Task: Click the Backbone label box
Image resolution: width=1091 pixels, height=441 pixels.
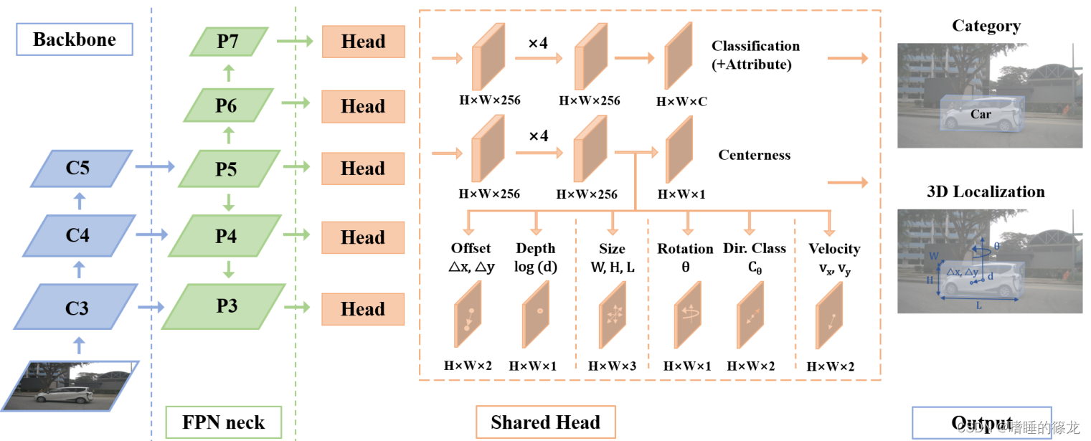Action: pyautogui.click(x=74, y=39)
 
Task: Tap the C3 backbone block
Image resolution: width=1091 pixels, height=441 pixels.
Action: pyautogui.click(x=77, y=308)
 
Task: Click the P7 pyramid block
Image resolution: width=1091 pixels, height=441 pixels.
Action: pyautogui.click(x=228, y=42)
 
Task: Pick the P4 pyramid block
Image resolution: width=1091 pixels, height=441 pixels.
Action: pyautogui.click(x=226, y=237)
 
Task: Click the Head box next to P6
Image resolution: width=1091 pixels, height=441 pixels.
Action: pyautogui.click(x=363, y=107)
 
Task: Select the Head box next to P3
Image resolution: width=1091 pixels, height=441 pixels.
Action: pyautogui.click(x=363, y=309)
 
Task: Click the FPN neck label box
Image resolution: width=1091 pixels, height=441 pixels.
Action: pyautogui.click(x=223, y=422)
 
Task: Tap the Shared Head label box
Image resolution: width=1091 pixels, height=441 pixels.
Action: pyautogui.click(x=545, y=422)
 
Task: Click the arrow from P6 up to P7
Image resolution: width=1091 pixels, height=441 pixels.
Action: pyautogui.click(x=228, y=72)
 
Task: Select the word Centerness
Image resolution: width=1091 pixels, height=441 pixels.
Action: pyautogui.click(x=754, y=156)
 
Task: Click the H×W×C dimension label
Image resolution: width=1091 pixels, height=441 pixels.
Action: pyautogui.click(x=681, y=102)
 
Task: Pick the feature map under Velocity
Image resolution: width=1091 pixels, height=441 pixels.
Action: pyautogui.click(x=828, y=316)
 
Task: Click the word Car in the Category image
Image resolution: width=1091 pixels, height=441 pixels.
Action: pyautogui.click(x=981, y=115)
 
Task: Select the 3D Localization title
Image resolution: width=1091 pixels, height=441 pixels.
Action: pyautogui.click(x=986, y=192)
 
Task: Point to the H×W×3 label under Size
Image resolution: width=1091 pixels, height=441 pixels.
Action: pyautogui.click(x=612, y=366)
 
